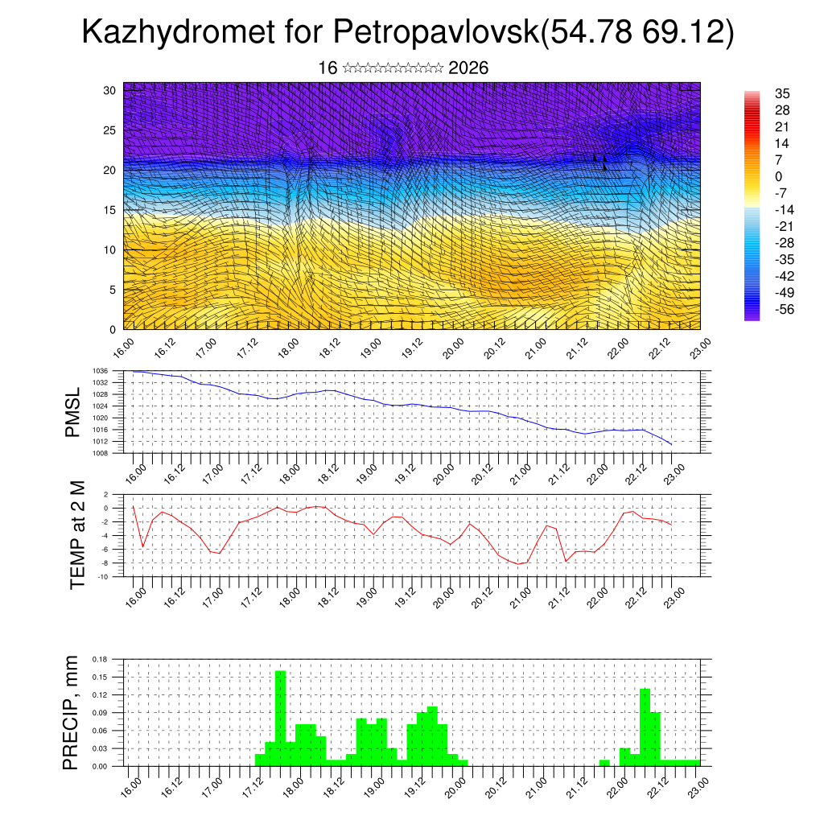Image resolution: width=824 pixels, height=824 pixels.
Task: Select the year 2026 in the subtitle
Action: pyautogui.click(x=468, y=68)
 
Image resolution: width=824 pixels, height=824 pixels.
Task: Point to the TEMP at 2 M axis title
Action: pyautogui.click(x=77, y=536)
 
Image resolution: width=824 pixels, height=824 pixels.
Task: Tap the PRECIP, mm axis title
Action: pyautogui.click(x=72, y=713)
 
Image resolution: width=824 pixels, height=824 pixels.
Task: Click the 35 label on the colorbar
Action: pyautogui.click(x=781, y=93)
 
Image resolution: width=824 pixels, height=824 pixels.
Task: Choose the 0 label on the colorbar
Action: pyautogui.click(x=778, y=176)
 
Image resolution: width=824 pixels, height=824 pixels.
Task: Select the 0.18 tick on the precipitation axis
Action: pyautogui.click(x=101, y=659)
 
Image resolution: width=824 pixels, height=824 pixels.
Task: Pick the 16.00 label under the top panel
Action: pyautogui.click(x=122, y=348)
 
